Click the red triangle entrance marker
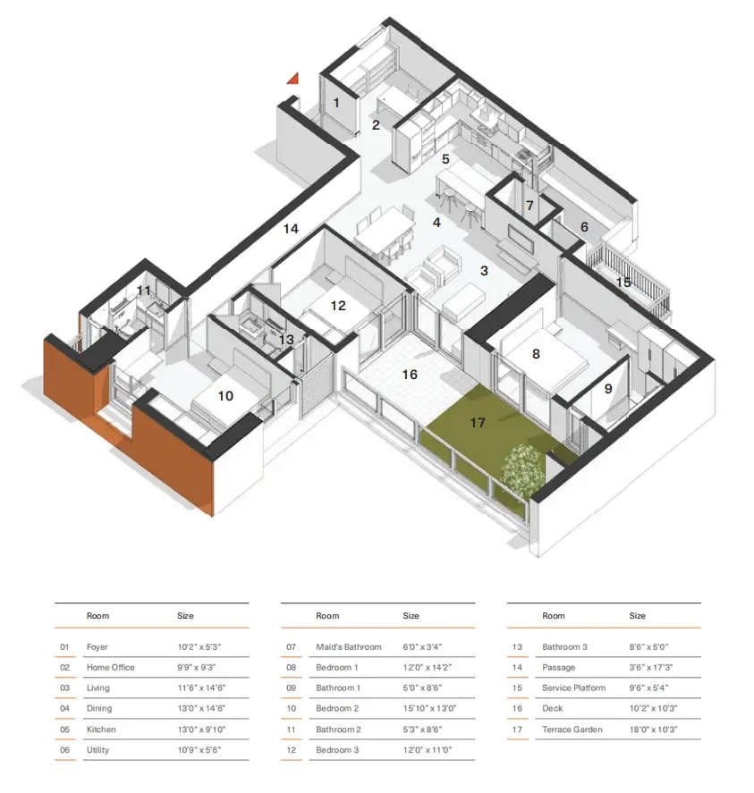point(292,79)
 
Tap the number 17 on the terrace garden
point(478,422)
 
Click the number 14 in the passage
point(291,229)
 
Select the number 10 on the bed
point(225,394)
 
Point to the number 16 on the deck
point(410,375)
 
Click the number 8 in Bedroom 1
point(536,354)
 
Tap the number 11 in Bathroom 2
point(144,291)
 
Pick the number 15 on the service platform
point(623,282)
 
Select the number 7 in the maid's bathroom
point(529,206)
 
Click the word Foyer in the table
point(97,646)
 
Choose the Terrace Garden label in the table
point(572,730)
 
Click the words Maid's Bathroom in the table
point(348,646)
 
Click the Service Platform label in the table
point(573,688)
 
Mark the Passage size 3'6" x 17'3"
point(655,667)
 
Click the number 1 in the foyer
point(336,103)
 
